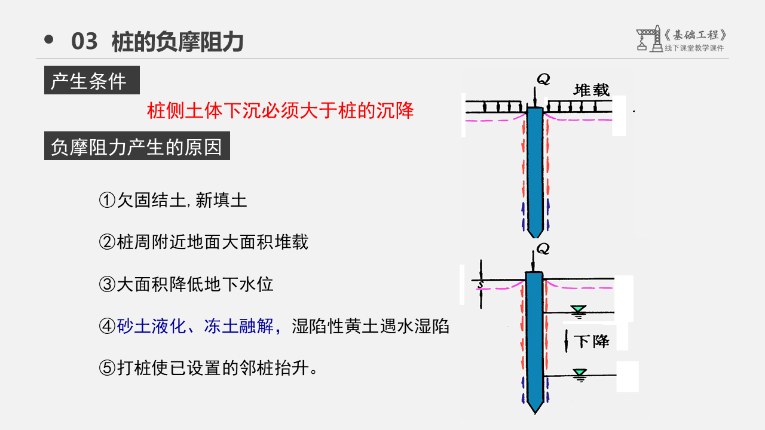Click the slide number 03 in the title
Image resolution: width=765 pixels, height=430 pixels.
pos(84,42)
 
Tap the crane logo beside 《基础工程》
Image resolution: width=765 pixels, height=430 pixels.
pos(648,39)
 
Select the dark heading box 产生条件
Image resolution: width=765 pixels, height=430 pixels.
pos(92,81)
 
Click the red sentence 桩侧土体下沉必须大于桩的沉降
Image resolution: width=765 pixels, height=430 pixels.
pos(280,110)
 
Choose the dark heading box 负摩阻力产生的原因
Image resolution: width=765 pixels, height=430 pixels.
pos(137,147)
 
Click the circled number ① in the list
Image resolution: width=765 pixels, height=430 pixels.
pos(106,200)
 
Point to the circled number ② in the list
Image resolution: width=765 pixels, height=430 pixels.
pos(106,242)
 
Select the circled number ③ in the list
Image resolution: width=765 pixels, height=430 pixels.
pos(106,284)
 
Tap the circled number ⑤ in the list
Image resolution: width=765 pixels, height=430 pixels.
pos(106,368)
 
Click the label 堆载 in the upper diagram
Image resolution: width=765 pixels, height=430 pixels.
pos(592,90)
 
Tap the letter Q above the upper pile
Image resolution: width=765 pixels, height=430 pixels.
pos(543,79)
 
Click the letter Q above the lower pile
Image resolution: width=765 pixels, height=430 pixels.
pos(543,248)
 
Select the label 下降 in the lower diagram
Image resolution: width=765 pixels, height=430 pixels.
pos(591,342)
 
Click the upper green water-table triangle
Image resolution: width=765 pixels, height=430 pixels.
pos(578,309)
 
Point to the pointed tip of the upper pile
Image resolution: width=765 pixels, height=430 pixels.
pos(534,235)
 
